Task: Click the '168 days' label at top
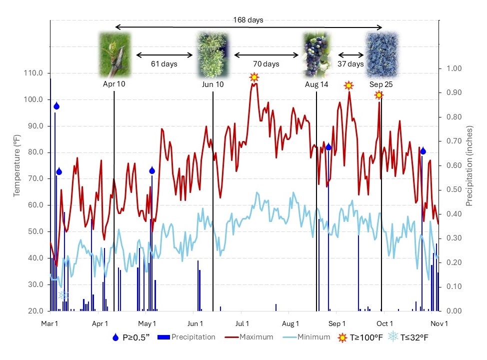(x=248, y=20)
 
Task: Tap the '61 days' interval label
(x=164, y=64)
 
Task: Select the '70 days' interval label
(x=265, y=64)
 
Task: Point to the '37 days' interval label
(x=350, y=64)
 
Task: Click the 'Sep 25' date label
(x=381, y=84)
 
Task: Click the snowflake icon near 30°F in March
(x=63, y=295)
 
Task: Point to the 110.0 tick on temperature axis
(x=33, y=73)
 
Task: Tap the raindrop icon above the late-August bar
(x=328, y=147)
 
